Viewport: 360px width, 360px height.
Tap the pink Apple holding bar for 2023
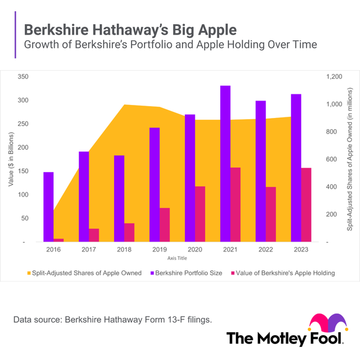click(x=306, y=204)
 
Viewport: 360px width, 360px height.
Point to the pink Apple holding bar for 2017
click(x=94, y=235)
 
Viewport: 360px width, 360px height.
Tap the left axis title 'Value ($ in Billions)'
click(x=11, y=159)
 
